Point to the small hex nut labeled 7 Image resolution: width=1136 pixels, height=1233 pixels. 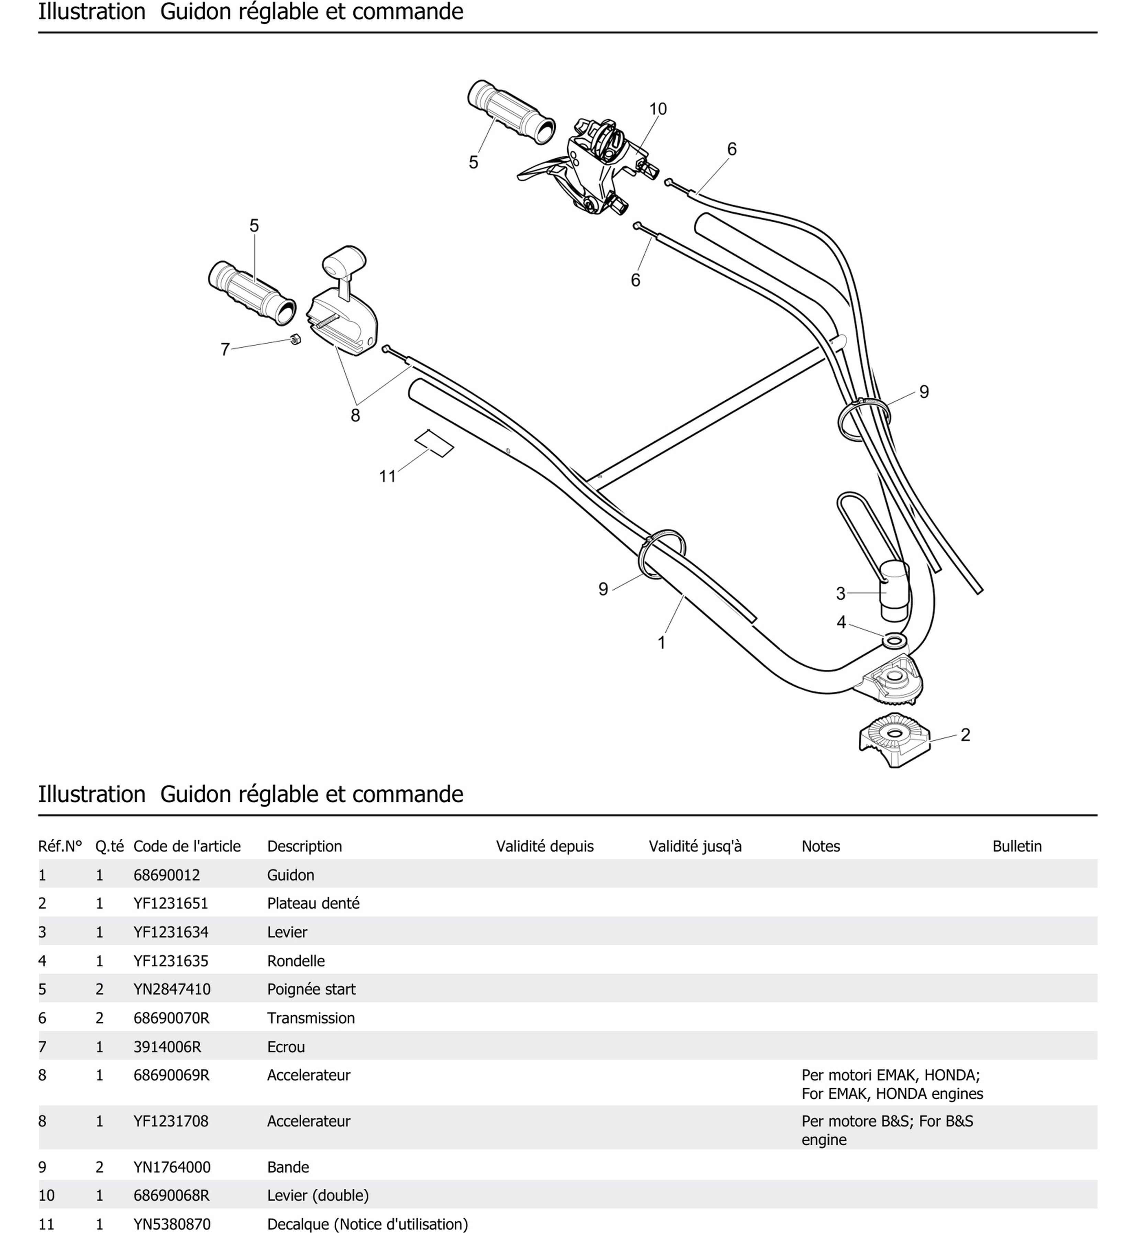(295, 339)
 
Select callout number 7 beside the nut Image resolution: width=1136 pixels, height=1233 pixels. (225, 350)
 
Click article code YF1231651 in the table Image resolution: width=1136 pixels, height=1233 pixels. (171, 903)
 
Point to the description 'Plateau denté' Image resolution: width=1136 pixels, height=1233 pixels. (313, 903)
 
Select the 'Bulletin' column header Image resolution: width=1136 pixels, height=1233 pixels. (1017, 846)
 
